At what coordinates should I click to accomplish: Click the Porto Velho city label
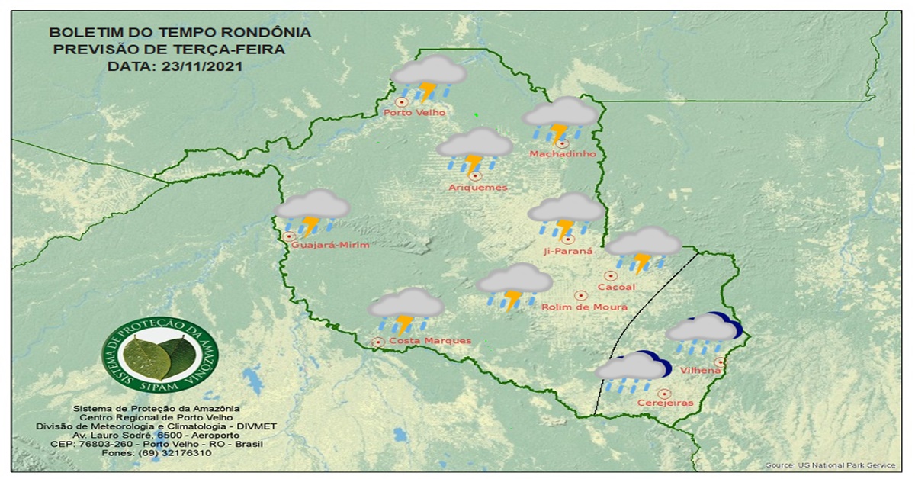(x=414, y=113)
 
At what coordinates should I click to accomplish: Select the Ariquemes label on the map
(x=477, y=188)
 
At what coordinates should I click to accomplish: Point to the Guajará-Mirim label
(x=330, y=245)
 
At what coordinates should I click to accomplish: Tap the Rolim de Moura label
(x=584, y=307)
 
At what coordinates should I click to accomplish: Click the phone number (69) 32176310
(x=156, y=453)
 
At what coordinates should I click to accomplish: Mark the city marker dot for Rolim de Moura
(x=580, y=294)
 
